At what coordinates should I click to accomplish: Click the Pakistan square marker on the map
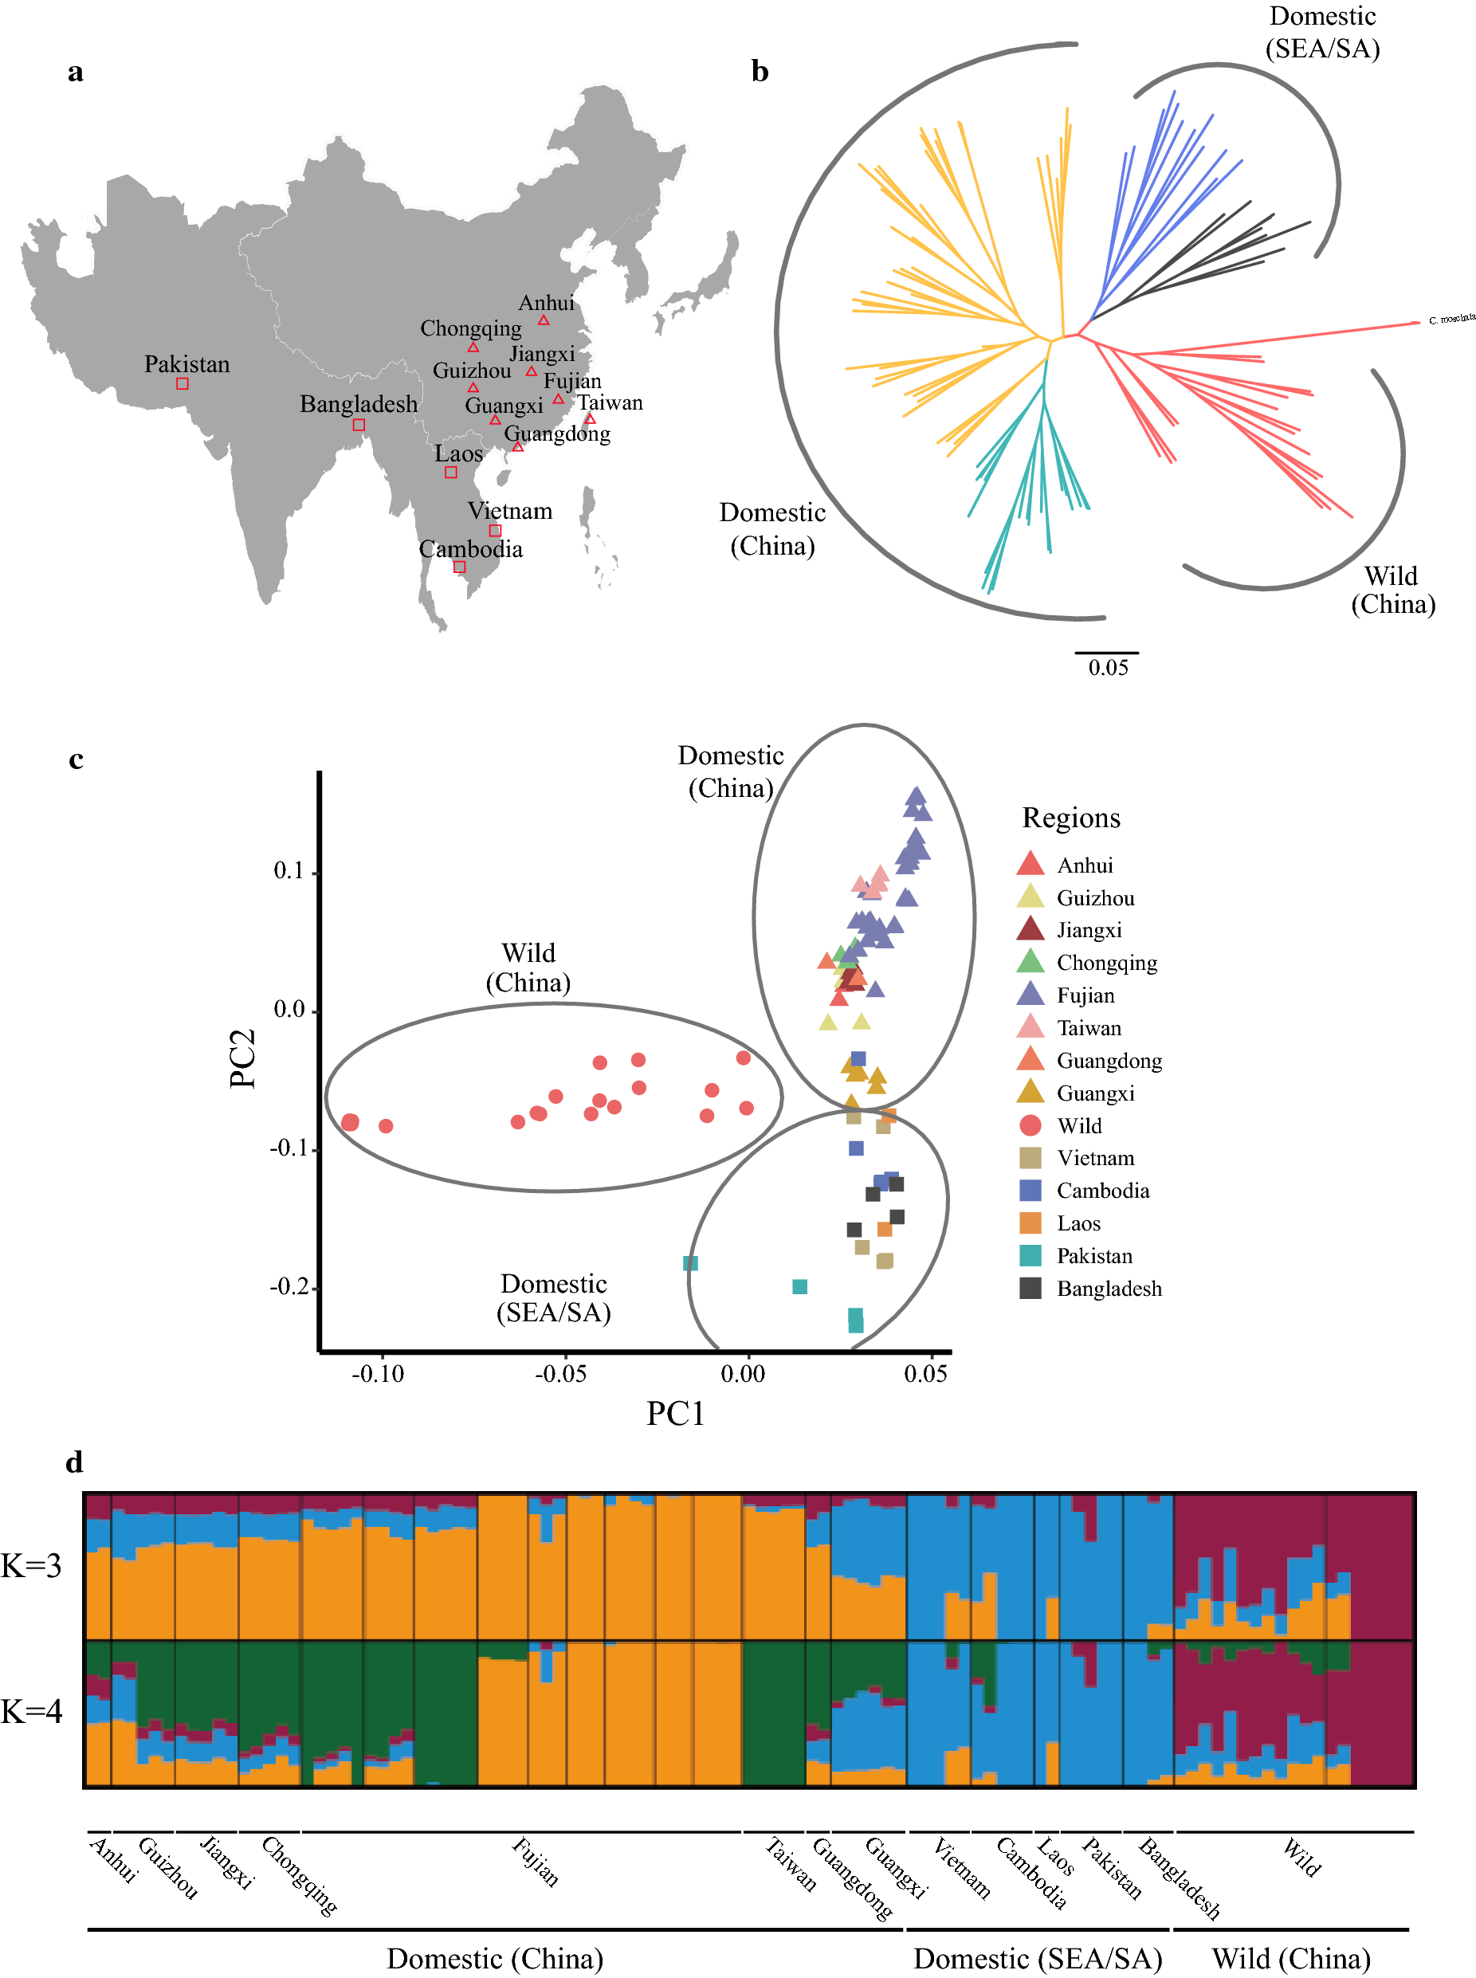183,383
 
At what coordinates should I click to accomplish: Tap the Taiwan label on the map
610,403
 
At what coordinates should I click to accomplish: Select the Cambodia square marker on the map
459,567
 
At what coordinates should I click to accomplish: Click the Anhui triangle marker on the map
544,320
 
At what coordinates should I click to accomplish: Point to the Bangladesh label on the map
359,405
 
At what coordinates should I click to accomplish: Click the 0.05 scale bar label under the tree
1108,667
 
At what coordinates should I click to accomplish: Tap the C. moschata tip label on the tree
1451,319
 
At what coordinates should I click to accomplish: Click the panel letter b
760,72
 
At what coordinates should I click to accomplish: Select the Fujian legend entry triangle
1030,994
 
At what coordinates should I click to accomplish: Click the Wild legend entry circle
1030,1124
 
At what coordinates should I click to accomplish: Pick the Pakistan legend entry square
1030,1255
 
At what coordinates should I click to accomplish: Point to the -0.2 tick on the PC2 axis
289,1286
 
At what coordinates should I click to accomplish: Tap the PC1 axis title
676,1413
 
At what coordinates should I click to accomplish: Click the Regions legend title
1070,818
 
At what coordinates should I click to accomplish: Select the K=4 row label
31,1712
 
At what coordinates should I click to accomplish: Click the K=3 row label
31,1566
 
